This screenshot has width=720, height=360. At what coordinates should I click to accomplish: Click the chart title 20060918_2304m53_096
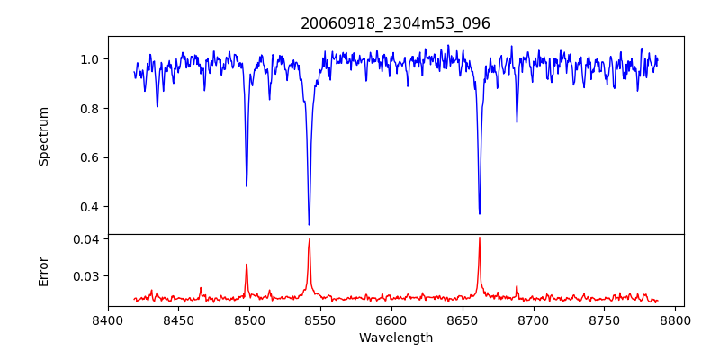395,23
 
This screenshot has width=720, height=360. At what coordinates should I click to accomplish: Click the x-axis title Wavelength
395,337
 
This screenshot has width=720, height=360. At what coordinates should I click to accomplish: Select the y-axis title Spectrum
43,136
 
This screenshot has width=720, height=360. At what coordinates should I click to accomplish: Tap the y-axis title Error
43,271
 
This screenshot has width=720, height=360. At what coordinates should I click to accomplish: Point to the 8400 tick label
108,319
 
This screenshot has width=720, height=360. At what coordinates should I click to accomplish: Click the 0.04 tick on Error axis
85,239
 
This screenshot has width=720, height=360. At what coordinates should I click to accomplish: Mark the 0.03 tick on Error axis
85,275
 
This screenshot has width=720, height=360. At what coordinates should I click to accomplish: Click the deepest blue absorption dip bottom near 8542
309,224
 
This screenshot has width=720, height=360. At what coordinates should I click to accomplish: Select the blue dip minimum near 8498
247,185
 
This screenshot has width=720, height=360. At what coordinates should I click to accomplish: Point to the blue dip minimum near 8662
480,213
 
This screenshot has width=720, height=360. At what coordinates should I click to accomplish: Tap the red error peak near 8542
309,239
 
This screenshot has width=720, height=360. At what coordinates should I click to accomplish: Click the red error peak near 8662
480,238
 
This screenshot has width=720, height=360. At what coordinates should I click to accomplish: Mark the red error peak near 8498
247,265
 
